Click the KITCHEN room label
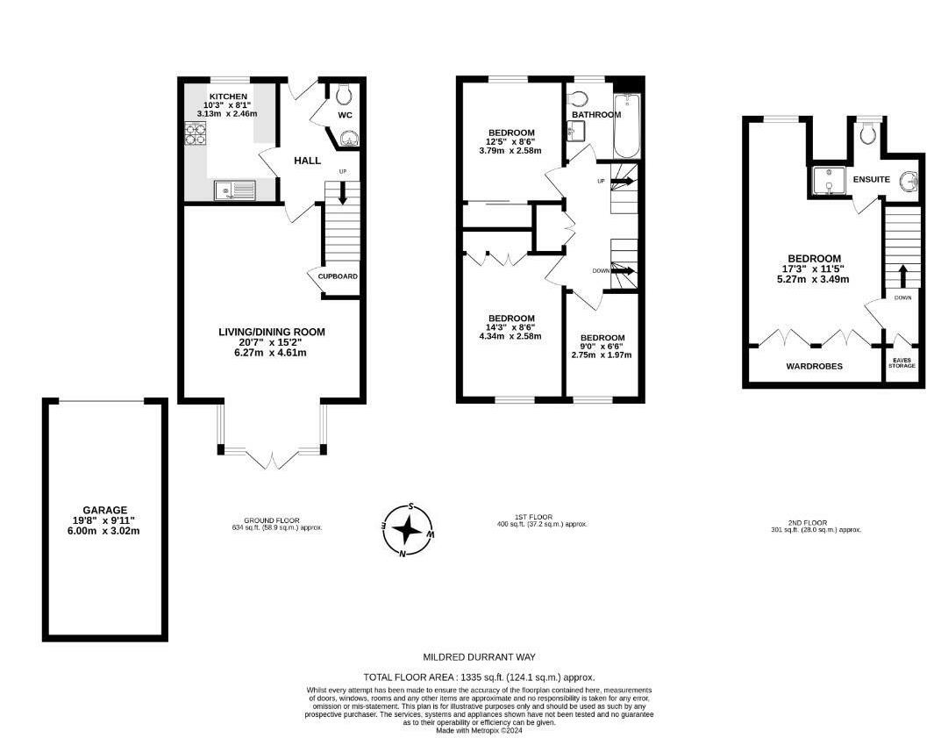click(x=227, y=96)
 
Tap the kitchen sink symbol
click(x=234, y=190)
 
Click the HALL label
click(x=307, y=161)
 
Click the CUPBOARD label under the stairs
click(x=338, y=276)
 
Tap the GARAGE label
click(x=105, y=509)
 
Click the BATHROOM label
click(x=596, y=115)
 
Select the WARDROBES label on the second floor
click(x=814, y=366)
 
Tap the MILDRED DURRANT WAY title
click(x=479, y=656)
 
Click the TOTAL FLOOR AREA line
click(x=479, y=677)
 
